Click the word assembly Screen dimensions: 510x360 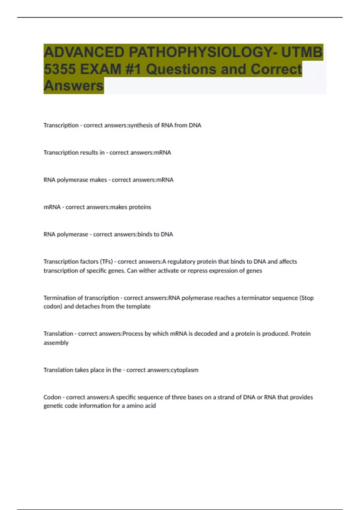coord(56,343)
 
